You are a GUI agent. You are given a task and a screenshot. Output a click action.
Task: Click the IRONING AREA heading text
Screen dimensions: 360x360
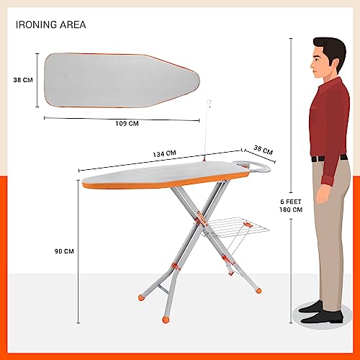(51, 24)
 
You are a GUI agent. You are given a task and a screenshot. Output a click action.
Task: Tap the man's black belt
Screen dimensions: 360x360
(330, 158)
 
